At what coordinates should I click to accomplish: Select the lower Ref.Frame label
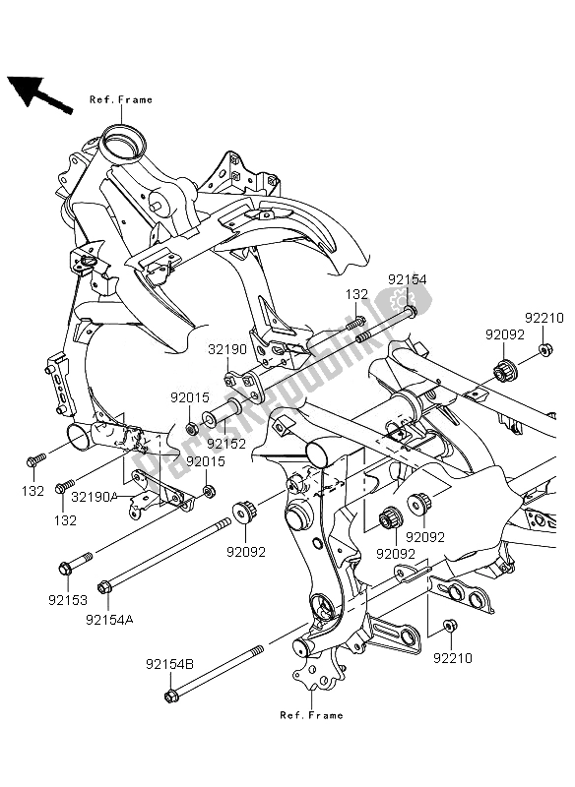pos(311,715)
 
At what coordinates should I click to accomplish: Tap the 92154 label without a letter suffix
pos(406,279)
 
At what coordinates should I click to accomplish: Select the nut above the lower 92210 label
pos(449,626)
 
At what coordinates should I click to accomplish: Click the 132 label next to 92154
pos(355,294)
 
